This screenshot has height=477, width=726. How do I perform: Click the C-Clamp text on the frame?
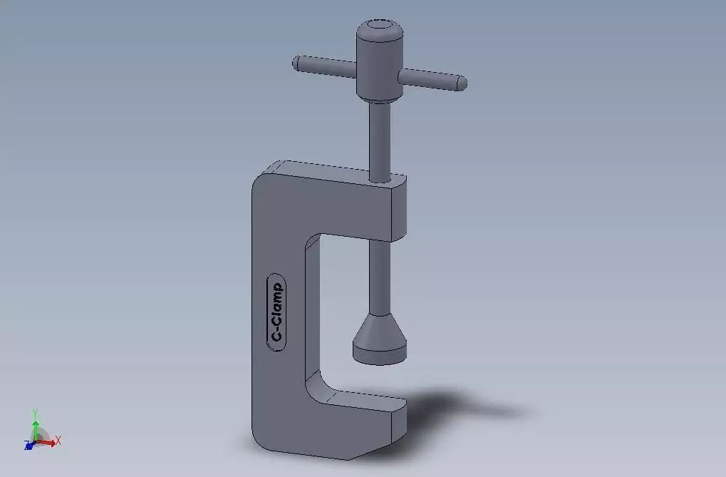click(x=276, y=312)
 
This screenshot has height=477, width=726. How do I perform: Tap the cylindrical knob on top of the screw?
click(x=380, y=61)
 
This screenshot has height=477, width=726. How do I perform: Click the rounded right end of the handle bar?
click(x=462, y=83)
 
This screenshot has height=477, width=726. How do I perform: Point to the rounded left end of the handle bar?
click(x=295, y=62)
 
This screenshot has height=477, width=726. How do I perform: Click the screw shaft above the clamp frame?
click(x=380, y=139)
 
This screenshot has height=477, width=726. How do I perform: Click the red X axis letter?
click(x=58, y=441)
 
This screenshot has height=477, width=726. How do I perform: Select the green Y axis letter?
click(x=35, y=413)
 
